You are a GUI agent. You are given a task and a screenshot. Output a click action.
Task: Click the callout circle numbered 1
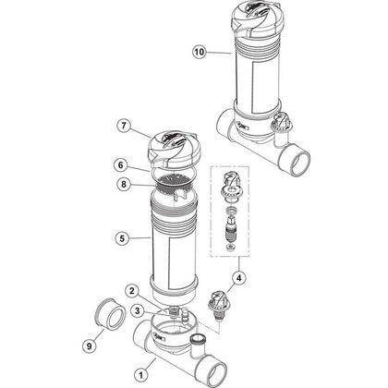(x=141, y=375)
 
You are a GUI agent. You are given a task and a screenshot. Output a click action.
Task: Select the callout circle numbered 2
(x=132, y=291)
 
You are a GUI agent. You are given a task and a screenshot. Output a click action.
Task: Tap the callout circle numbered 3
(x=137, y=310)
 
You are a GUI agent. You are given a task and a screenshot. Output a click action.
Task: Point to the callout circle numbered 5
(x=122, y=238)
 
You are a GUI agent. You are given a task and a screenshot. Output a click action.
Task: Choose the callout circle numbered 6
(x=120, y=165)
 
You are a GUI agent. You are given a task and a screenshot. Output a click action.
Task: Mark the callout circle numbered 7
(x=124, y=127)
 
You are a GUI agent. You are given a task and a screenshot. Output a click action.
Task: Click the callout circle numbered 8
(x=124, y=185)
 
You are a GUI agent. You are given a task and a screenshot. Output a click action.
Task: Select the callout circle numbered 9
(x=89, y=346)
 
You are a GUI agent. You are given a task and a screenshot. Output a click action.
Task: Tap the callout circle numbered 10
(x=200, y=52)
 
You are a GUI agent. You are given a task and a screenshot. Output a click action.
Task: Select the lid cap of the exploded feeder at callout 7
(x=172, y=149)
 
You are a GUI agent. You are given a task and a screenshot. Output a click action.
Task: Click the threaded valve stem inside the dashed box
(x=231, y=229)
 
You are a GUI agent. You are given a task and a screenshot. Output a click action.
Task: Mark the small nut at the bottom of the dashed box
(x=229, y=247)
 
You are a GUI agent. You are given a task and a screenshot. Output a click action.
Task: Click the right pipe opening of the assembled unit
(x=297, y=162)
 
